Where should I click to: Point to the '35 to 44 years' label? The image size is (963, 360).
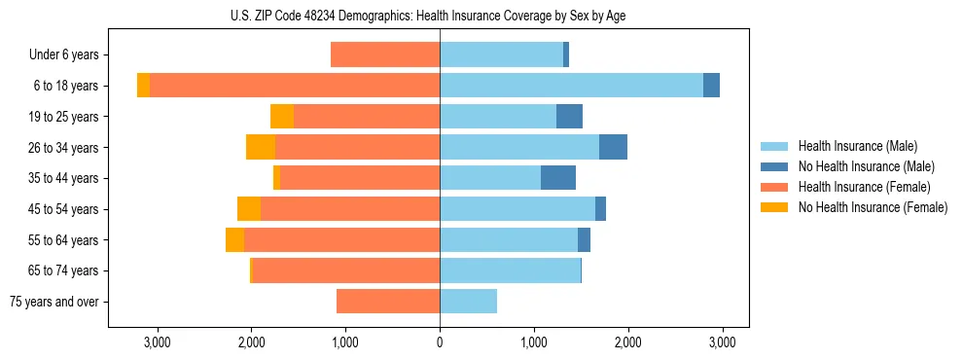[x=63, y=178]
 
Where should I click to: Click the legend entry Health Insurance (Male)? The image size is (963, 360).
[x=857, y=146]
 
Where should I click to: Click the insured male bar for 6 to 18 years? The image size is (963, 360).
[x=571, y=86]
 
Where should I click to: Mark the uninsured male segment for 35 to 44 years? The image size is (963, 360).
[x=558, y=178]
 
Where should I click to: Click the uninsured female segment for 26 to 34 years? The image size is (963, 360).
[x=261, y=147]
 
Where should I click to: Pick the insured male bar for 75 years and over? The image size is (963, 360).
[x=468, y=302]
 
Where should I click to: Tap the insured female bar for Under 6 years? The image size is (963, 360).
[x=385, y=54]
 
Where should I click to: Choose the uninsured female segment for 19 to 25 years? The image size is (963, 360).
[x=282, y=117]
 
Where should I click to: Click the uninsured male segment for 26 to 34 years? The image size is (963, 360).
[x=613, y=147]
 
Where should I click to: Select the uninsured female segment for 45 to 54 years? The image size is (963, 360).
[x=249, y=209]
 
